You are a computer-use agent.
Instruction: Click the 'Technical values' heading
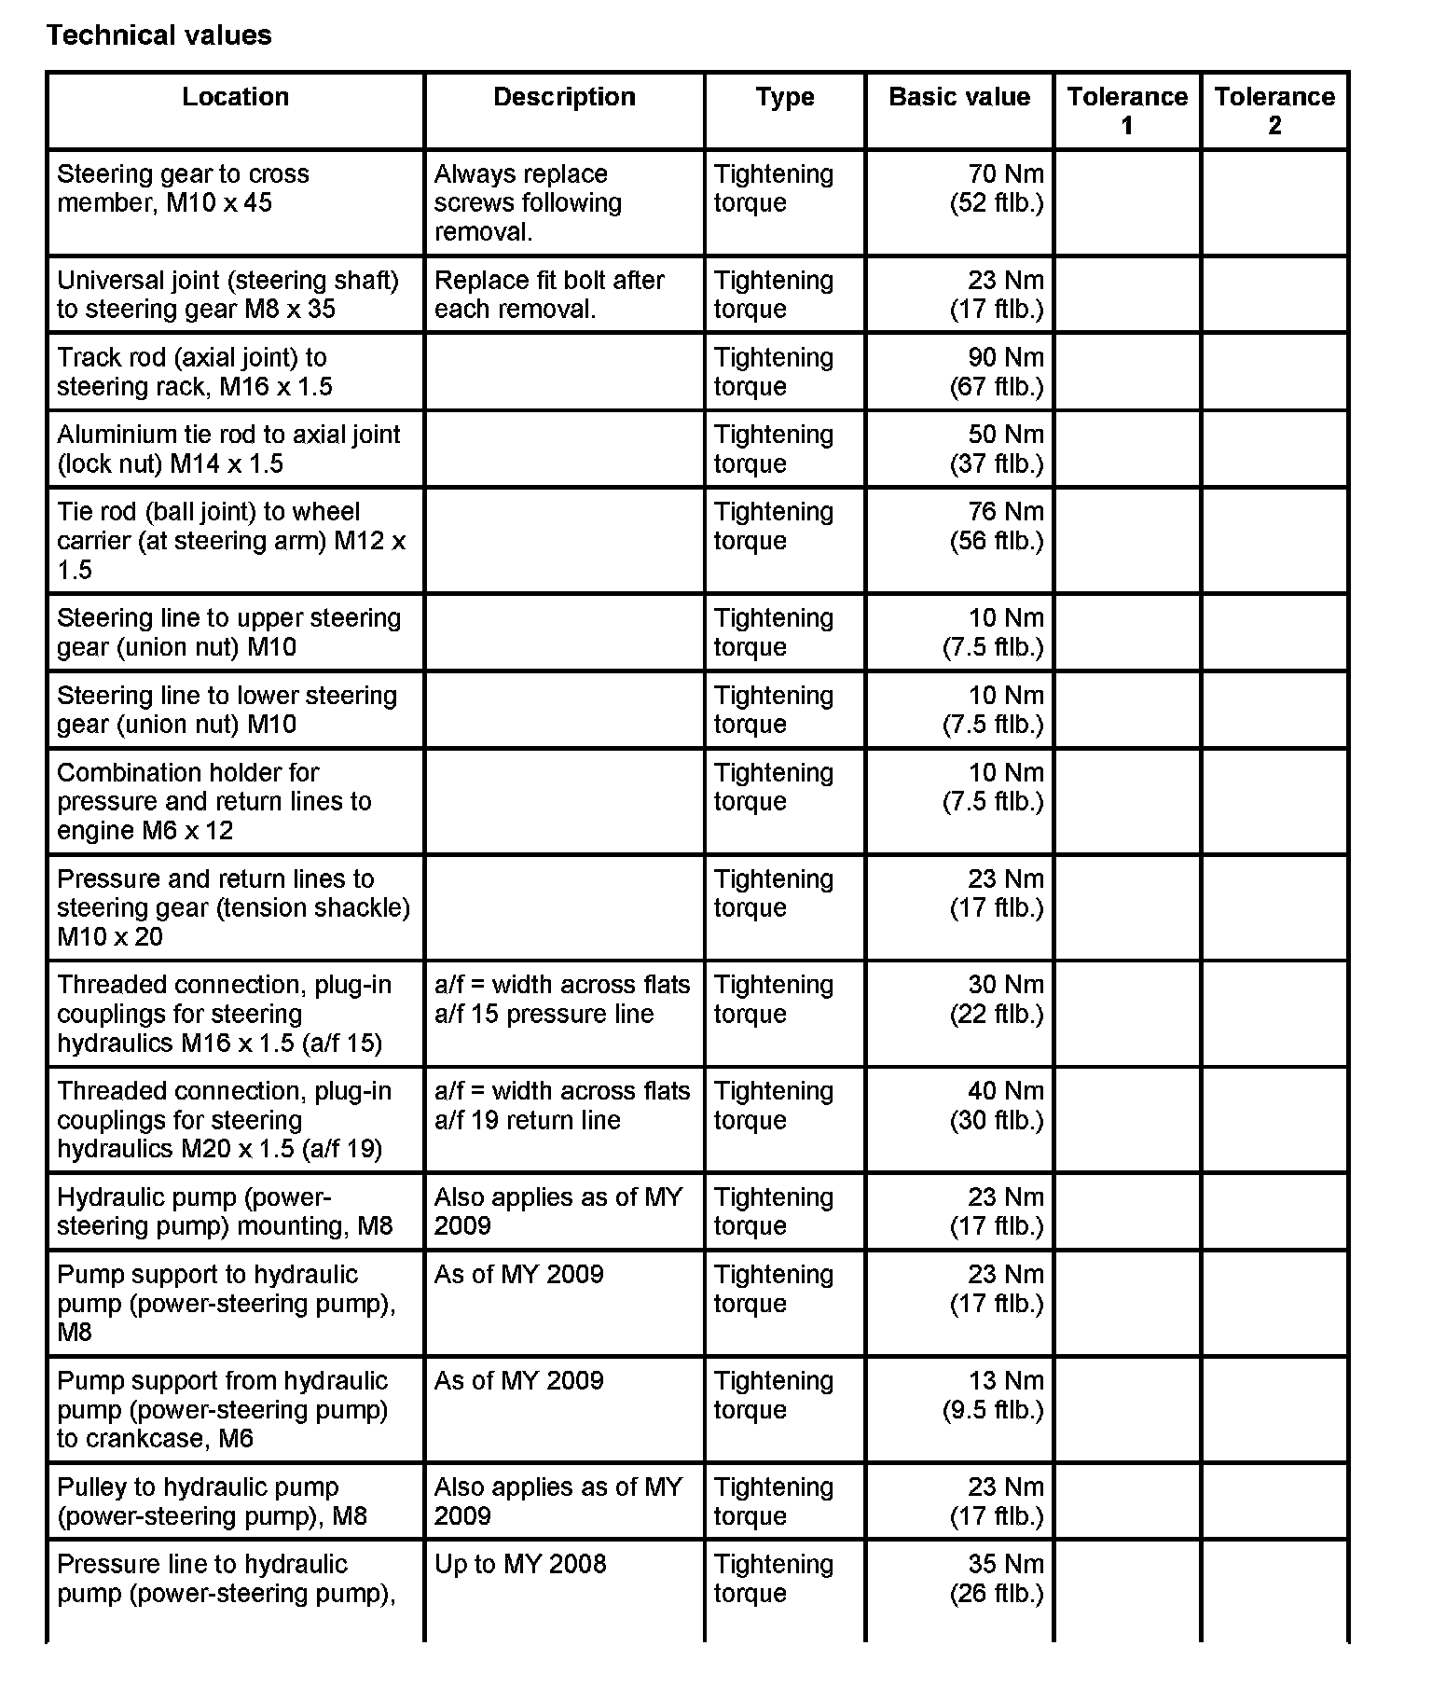(x=158, y=35)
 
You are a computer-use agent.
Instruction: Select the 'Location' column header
(x=235, y=97)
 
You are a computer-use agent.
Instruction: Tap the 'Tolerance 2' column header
(x=1274, y=110)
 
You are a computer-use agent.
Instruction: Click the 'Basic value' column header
(x=959, y=97)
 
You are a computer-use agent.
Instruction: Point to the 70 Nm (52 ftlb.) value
(x=997, y=188)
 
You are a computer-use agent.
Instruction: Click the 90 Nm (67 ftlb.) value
(x=997, y=372)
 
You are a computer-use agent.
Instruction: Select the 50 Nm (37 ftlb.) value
(x=997, y=449)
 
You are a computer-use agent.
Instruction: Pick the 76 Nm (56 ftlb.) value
(x=997, y=526)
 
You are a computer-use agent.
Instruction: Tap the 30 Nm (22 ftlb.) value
(x=997, y=999)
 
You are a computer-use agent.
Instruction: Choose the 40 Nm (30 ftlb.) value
(x=997, y=1105)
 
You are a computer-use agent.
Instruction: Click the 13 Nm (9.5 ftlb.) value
(x=993, y=1395)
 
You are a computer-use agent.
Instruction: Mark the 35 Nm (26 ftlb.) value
(x=997, y=1579)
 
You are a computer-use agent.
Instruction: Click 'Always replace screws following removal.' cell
(x=528, y=203)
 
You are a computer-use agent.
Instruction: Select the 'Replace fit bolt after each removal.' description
(x=549, y=295)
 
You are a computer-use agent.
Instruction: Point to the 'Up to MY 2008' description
(x=520, y=1564)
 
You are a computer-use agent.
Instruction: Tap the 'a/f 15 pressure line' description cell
(x=562, y=999)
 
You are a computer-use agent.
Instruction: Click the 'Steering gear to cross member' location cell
(x=183, y=188)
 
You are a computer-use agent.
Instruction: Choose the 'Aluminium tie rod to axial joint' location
(x=228, y=449)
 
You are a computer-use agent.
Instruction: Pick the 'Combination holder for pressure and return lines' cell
(x=214, y=801)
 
